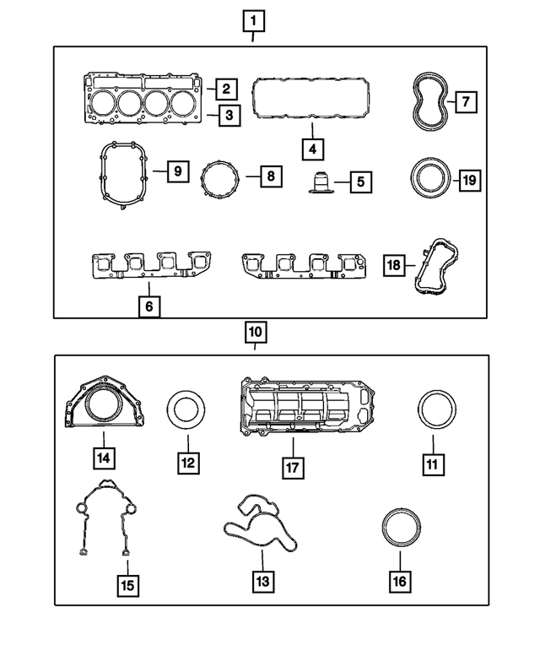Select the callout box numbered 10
(256, 332)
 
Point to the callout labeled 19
(470, 179)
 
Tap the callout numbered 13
(262, 581)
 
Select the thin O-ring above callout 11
(437, 410)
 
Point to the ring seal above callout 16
(399, 529)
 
